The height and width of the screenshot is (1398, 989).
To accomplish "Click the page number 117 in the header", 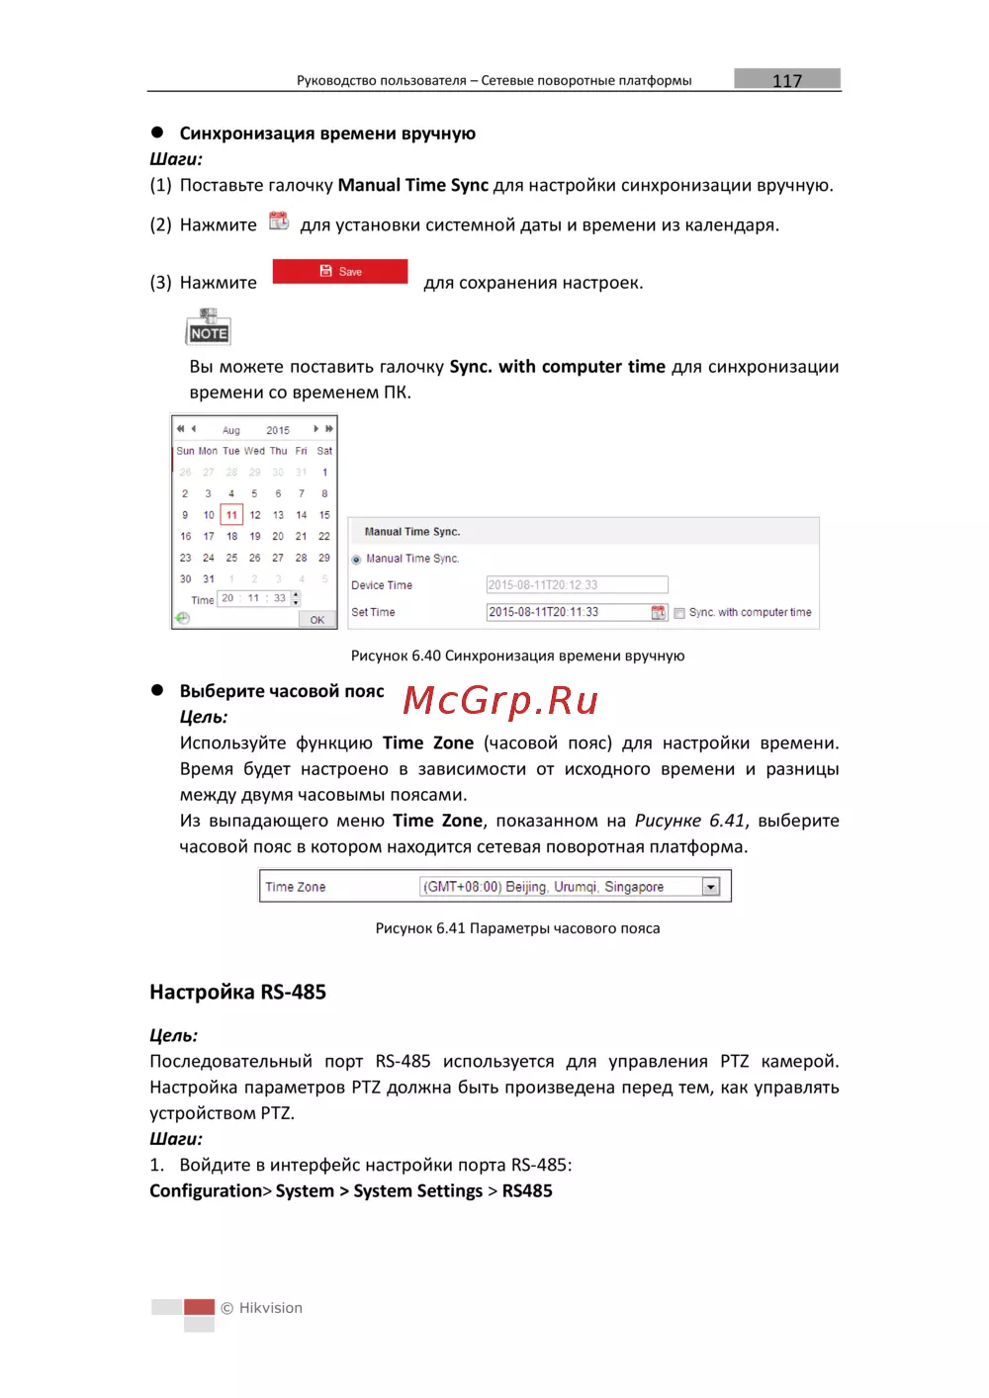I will click(787, 80).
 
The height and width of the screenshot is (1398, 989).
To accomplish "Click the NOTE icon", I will click(209, 327).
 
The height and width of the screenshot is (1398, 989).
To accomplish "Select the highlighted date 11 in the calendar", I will click(231, 515).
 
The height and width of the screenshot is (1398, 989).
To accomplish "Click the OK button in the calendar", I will click(316, 620).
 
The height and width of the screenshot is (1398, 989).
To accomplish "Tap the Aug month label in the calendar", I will click(231, 430).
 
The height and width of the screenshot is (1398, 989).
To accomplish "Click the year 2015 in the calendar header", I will click(278, 430).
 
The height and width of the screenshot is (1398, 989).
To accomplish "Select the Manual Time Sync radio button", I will click(356, 560).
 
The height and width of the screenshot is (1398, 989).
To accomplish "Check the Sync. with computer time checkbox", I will click(679, 613).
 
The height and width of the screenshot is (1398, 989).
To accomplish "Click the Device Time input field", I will click(577, 585).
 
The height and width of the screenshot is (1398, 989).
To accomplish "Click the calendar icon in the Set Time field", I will click(659, 613).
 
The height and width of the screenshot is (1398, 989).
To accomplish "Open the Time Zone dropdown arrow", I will click(710, 887).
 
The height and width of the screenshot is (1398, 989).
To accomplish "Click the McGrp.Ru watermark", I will click(500, 700).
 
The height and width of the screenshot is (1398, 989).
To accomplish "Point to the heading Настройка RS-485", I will click(237, 992).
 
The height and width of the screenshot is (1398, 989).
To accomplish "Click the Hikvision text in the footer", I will click(270, 1308).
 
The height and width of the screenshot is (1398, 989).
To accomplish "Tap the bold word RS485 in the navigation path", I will click(527, 1191).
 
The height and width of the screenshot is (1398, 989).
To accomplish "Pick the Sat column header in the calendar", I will click(324, 451).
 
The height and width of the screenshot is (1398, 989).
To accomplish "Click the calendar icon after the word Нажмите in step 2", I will click(279, 221).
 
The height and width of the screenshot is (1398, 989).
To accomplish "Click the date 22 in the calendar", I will click(324, 536).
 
